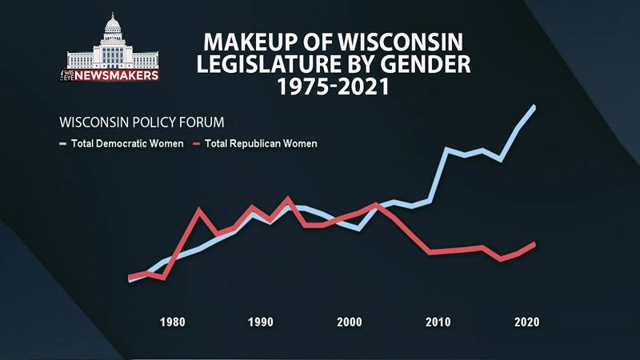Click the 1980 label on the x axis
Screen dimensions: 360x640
(173, 322)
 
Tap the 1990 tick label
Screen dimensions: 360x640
(261, 322)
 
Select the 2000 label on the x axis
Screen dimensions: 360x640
(350, 322)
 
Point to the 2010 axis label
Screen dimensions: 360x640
(438, 322)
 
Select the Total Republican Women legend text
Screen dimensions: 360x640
(262, 144)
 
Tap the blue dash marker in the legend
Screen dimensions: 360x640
(63, 144)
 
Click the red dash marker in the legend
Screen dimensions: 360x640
(196, 144)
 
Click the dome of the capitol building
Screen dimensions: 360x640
(112, 24)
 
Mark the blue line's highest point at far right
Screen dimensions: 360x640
(534, 106)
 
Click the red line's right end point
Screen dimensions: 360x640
(534, 243)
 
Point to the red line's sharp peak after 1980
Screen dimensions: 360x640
(199, 210)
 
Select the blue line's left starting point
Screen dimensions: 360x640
(130, 281)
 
